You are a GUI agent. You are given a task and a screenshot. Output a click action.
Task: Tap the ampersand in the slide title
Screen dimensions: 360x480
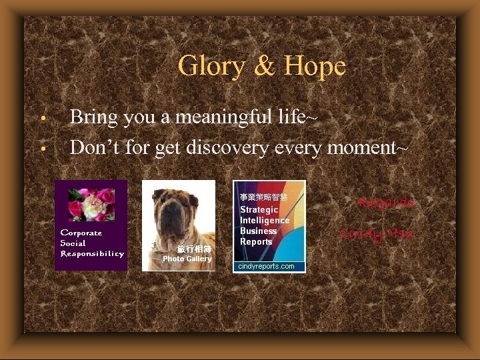pyautogui.click(x=265, y=67)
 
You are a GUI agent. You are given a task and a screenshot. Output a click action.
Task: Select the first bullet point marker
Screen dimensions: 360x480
pyautogui.click(x=42, y=120)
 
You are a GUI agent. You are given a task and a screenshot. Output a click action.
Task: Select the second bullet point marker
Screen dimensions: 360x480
pyautogui.click(x=42, y=148)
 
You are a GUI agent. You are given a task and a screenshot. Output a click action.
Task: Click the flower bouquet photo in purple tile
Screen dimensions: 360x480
pyautogui.click(x=91, y=204)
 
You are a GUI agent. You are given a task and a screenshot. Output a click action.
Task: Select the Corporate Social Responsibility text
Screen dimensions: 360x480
pyautogui.click(x=91, y=243)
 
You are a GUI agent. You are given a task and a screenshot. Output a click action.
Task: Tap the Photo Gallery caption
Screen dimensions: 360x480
pyautogui.click(x=187, y=259)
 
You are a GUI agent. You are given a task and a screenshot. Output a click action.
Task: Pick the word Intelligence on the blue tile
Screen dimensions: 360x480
pyautogui.click(x=265, y=220)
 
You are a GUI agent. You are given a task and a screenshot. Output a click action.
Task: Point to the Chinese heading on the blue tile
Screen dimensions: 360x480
pyautogui.click(x=263, y=197)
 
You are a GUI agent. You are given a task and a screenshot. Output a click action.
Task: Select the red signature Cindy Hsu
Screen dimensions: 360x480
pyautogui.click(x=377, y=233)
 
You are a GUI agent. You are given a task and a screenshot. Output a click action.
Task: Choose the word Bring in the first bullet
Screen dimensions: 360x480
pyautogui.click(x=93, y=117)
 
